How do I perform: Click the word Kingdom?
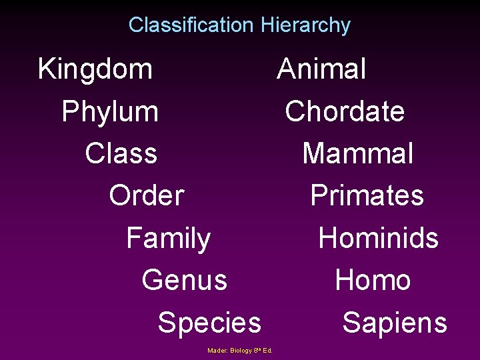(95, 69)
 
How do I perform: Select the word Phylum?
(110, 111)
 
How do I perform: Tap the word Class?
(121, 153)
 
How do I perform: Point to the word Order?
(147, 195)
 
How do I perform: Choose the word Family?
(169, 238)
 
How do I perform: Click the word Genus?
(185, 280)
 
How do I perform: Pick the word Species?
(209, 323)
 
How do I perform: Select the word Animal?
(321, 69)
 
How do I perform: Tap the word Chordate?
(345, 111)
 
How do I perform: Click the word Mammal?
(358, 153)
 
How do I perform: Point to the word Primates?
(367, 195)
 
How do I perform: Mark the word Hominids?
(379, 238)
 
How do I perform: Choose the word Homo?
(373, 280)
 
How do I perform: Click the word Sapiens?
(395, 323)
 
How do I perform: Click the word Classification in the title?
(191, 25)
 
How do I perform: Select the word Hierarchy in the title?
(306, 25)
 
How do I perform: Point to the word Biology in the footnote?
(241, 350)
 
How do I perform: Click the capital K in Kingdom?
(46, 69)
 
